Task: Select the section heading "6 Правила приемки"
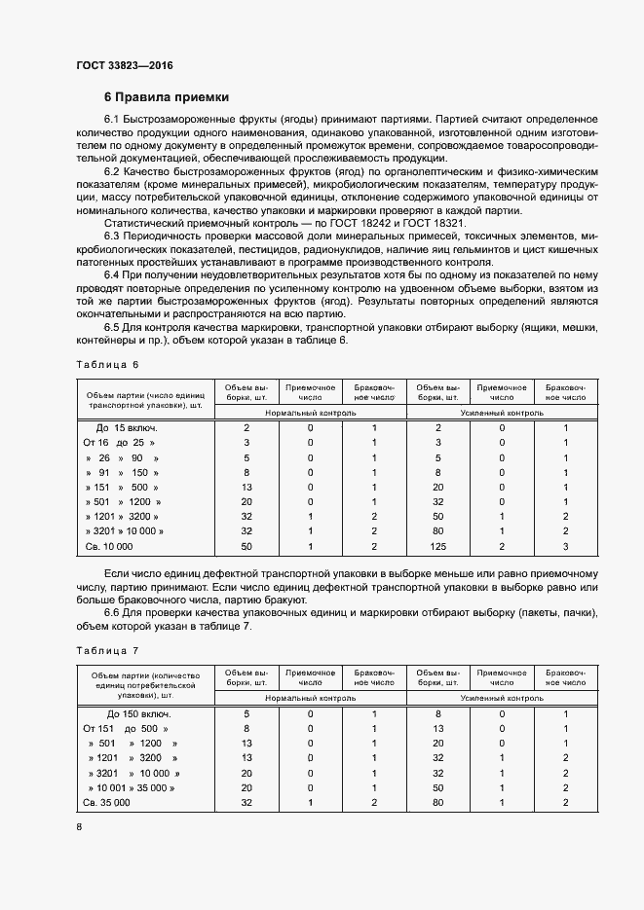[x=166, y=97]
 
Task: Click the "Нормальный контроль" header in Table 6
[x=310, y=413]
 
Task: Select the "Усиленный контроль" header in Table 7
[x=502, y=699]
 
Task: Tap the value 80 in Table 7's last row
[x=440, y=803]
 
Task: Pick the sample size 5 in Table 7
[x=246, y=714]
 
